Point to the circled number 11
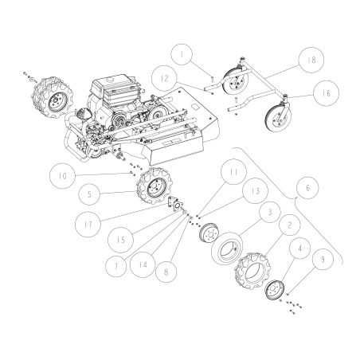click(231, 170)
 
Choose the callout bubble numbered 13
click(253, 191)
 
